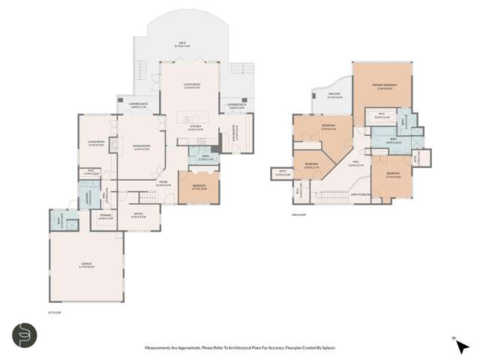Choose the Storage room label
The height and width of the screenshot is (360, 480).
click(x=106, y=217)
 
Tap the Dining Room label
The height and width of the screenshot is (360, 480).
click(x=142, y=148)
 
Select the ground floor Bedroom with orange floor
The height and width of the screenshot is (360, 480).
click(x=193, y=187)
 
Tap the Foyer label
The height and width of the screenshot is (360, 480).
click(x=163, y=182)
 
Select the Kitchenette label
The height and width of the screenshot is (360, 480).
click(x=235, y=133)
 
